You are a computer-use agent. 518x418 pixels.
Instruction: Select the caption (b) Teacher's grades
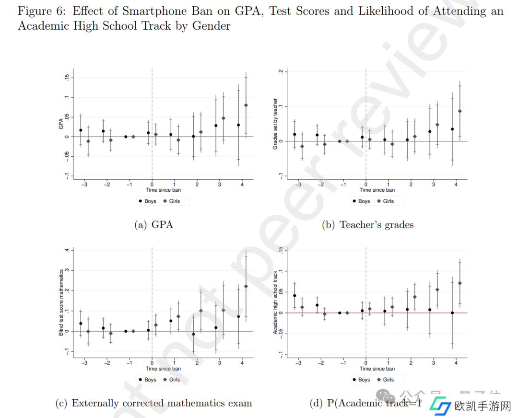click(x=367, y=224)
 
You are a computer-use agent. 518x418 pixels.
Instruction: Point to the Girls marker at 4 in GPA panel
click(x=246, y=105)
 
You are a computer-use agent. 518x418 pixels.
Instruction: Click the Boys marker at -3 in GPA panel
click(x=81, y=130)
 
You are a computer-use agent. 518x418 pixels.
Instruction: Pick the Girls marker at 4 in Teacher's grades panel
click(x=460, y=111)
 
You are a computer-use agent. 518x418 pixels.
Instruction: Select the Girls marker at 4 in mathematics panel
click(x=246, y=286)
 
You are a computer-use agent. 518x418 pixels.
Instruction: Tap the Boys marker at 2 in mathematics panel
click(x=193, y=334)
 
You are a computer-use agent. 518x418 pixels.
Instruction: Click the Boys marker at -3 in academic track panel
click(x=294, y=296)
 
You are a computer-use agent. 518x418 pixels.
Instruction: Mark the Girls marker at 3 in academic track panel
click(x=437, y=290)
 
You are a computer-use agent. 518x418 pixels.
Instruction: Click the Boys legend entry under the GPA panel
click(x=147, y=201)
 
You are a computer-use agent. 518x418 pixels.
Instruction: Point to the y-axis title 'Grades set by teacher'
click(x=275, y=124)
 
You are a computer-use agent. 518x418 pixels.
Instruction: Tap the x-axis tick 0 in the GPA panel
click(x=152, y=184)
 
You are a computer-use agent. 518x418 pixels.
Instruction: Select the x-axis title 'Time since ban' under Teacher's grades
click(x=377, y=190)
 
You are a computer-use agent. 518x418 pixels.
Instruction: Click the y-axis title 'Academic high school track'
click(x=275, y=302)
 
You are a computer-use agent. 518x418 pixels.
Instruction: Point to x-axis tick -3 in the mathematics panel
click(x=84, y=362)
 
